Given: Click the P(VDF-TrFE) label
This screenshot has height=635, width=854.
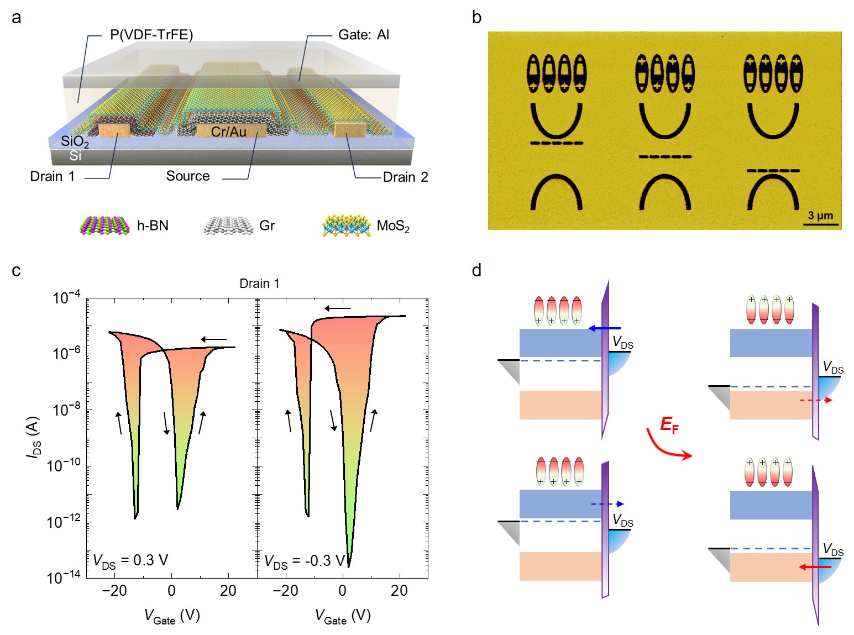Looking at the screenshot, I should click(151, 35).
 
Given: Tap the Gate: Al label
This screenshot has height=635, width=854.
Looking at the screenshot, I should click(363, 35).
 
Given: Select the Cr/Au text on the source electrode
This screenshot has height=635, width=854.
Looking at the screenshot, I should click(229, 132).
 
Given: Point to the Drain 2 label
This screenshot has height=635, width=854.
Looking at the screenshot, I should click(405, 177).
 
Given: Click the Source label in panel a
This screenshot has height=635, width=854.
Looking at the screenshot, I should click(188, 176).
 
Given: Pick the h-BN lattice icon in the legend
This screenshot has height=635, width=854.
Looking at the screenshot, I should click(105, 225).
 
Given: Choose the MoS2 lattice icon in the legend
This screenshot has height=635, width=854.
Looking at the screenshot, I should click(347, 225).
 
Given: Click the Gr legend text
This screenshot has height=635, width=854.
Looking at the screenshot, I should click(267, 225).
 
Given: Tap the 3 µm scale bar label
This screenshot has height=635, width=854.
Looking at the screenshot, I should click(820, 216).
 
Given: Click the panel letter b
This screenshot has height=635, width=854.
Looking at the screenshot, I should click(476, 18).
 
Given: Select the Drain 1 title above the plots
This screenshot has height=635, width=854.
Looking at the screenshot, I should click(259, 284).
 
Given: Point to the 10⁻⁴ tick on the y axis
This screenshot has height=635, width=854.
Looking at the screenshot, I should click(66, 298).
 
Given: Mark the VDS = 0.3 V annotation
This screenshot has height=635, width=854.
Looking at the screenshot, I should click(130, 560).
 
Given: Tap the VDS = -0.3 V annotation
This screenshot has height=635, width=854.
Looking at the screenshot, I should click(305, 561).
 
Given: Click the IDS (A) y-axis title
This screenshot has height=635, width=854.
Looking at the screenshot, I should click(33, 437).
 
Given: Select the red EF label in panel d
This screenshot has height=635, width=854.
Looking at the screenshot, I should click(669, 424).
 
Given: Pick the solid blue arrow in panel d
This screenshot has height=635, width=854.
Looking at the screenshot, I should click(605, 328).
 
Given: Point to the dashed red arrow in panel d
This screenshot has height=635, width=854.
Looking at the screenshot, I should click(816, 400).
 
